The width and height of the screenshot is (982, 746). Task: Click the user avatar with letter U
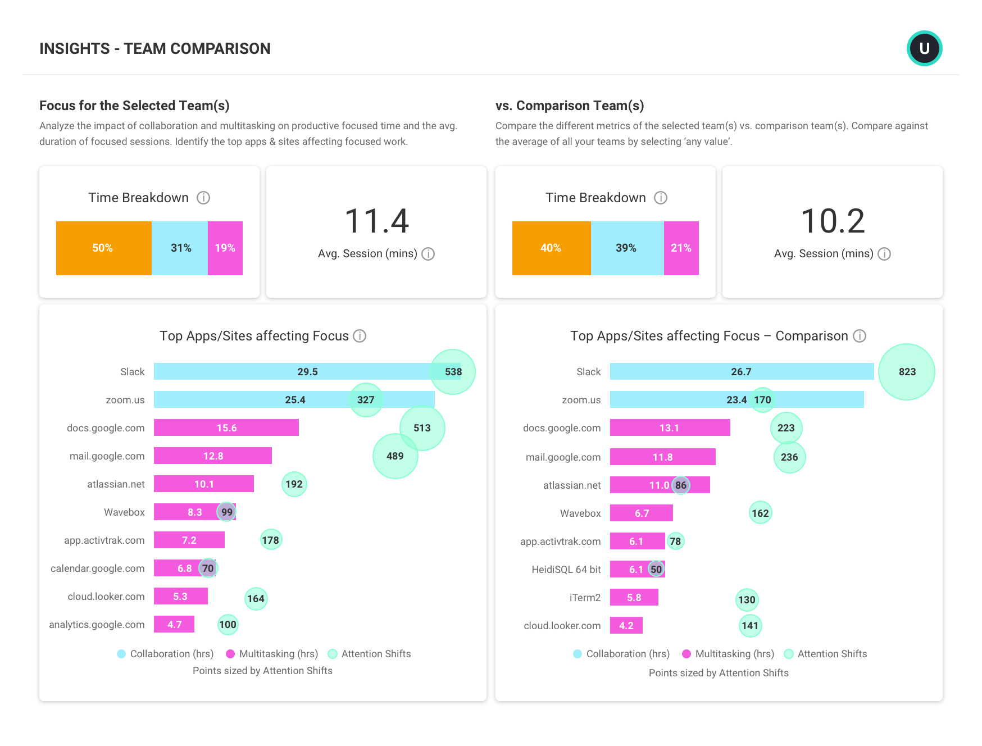click(924, 48)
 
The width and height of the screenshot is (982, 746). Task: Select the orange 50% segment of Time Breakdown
click(103, 248)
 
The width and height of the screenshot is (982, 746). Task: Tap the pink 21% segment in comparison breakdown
click(681, 248)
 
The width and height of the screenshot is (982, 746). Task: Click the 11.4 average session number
click(376, 221)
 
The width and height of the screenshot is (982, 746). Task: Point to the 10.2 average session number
click(833, 221)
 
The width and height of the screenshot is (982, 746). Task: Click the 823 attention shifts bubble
click(906, 372)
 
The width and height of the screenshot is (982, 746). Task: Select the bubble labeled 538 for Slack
click(453, 372)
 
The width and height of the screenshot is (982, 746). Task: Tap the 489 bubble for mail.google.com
click(395, 456)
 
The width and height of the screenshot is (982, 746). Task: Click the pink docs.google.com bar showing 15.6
click(226, 428)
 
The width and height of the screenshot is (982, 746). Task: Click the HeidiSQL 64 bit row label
click(566, 570)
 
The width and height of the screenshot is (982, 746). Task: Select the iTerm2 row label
click(585, 598)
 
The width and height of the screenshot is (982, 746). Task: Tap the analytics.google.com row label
click(97, 625)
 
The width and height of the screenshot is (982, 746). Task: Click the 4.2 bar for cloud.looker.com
click(626, 626)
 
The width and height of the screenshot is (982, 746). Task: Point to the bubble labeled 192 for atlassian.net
click(294, 484)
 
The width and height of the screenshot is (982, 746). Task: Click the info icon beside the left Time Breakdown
click(203, 198)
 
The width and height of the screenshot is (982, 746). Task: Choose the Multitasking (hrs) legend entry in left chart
click(272, 654)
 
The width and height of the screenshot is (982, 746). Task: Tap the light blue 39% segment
click(627, 248)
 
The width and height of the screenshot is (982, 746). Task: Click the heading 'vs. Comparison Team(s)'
click(569, 106)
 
